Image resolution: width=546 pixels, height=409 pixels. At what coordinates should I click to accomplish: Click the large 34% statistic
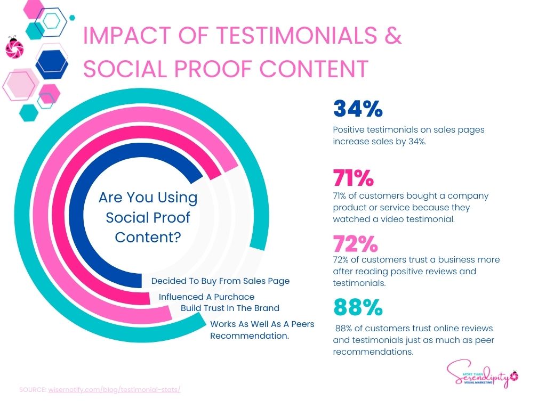pyautogui.click(x=358, y=109)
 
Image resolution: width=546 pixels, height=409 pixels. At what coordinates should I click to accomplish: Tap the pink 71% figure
pyautogui.click(x=353, y=178)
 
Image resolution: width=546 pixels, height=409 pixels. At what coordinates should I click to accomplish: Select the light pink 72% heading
pyautogui.click(x=355, y=244)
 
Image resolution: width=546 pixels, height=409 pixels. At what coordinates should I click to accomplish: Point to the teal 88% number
pyautogui.click(x=358, y=307)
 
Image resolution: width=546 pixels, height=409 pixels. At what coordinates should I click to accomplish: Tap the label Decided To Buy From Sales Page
pyautogui.click(x=220, y=281)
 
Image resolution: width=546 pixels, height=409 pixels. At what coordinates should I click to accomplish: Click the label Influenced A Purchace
pyautogui.click(x=206, y=297)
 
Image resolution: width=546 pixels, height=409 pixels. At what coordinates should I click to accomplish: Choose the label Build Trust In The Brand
pyautogui.click(x=230, y=308)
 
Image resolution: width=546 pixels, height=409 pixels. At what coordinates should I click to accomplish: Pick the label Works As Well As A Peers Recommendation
pyautogui.click(x=262, y=330)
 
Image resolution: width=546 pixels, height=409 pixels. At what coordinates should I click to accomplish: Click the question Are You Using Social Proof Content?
pyautogui.click(x=148, y=217)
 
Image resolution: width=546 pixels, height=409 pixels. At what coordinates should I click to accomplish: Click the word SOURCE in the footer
pyautogui.click(x=33, y=389)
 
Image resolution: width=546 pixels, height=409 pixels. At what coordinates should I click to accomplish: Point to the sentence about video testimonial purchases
pyautogui.click(x=411, y=207)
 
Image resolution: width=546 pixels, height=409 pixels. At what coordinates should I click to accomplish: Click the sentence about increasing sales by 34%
pyautogui.click(x=408, y=136)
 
